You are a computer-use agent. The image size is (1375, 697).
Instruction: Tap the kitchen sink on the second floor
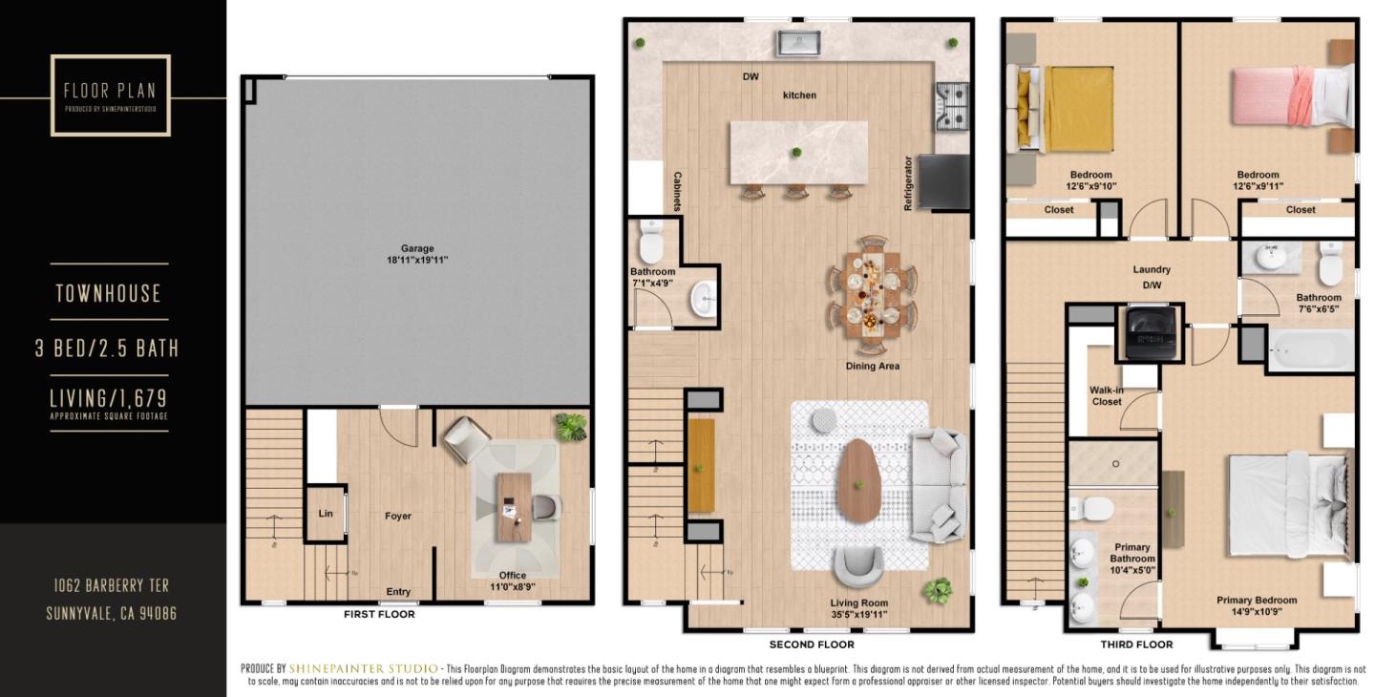[798, 43]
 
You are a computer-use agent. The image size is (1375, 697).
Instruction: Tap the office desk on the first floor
[514, 506]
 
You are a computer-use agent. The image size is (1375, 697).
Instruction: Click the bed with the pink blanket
[1289, 96]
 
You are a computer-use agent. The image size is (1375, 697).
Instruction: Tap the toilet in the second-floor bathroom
[651, 243]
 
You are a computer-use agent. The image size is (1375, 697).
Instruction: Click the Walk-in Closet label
[1107, 395]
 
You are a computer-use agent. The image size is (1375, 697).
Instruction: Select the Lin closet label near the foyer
[326, 514]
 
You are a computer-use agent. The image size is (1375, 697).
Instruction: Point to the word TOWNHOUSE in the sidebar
[108, 293]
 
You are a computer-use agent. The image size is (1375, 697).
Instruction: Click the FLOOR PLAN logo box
[111, 95]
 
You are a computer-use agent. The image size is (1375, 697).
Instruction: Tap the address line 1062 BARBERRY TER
[111, 585]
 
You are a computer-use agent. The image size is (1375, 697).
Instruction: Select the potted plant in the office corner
[571, 427]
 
